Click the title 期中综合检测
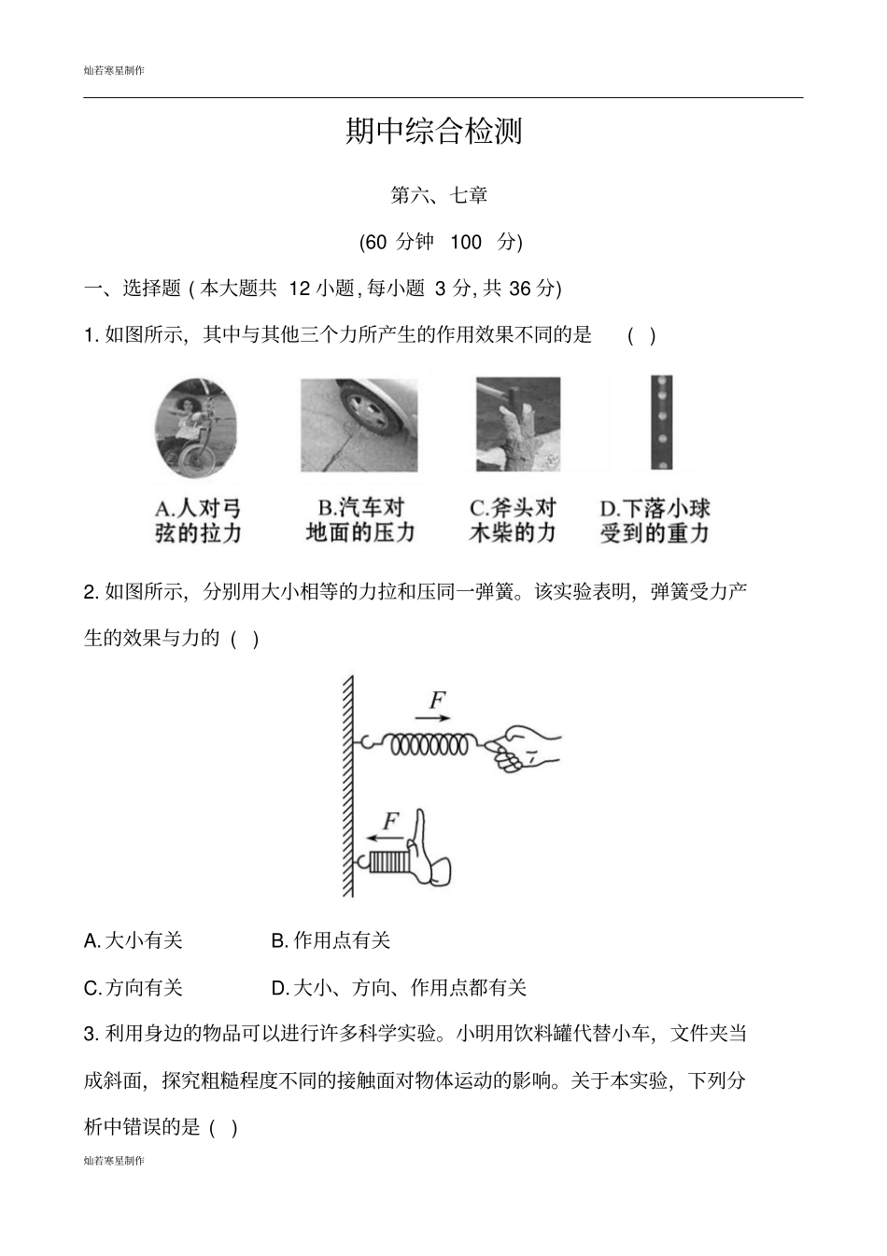(434, 132)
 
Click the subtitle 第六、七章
(439, 196)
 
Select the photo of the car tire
(359, 425)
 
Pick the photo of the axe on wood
(517, 424)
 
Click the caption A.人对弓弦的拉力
(198, 521)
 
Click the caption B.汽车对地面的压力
(360, 520)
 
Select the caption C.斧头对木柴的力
(513, 520)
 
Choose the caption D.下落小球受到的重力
(655, 521)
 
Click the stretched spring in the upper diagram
(429, 744)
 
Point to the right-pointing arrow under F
(432, 718)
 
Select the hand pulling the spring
(523, 748)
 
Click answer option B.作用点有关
(331, 940)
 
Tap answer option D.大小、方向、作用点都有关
(399, 988)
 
